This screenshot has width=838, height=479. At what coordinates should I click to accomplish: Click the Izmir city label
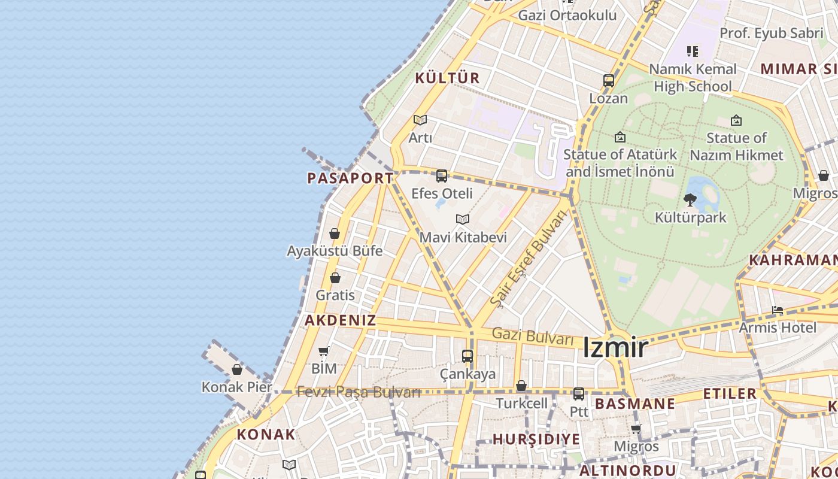[615, 348]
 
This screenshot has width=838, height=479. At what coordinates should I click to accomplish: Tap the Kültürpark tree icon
[690, 200]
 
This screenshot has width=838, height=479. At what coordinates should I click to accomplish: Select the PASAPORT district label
[350, 178]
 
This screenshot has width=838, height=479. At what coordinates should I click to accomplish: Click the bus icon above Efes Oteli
[442, 176]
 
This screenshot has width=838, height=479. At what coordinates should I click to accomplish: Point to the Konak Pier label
[236, 387]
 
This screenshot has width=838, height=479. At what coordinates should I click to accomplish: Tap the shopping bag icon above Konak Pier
[237, 369]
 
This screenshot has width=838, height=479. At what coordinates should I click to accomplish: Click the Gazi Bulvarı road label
[533, 336]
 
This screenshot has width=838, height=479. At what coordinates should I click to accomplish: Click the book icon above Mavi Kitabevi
[463, 219]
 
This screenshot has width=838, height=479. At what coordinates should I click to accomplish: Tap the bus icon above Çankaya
[467, 356]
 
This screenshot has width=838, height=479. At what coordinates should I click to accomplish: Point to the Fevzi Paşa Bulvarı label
[359, 392]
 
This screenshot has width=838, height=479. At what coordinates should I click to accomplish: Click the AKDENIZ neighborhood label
[341, 320]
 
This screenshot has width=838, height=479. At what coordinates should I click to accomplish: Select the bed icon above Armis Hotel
[778, 310]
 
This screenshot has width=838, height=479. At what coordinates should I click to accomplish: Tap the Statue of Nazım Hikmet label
[736, 147]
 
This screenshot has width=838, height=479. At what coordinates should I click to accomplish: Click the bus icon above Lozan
[609, 81]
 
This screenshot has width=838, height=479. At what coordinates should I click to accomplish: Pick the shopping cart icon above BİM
[324, 351]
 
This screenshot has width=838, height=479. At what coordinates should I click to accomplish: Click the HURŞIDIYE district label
[536, 439]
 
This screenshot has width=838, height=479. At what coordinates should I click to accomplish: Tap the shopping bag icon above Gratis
[335, 278]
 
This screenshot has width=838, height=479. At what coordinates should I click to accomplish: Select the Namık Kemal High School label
[693, 78]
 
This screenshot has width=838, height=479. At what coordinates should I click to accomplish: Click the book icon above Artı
[420, 120]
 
